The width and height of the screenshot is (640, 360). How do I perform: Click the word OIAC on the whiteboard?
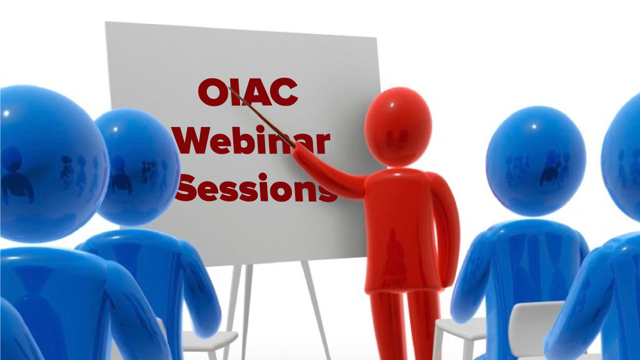(248, 92)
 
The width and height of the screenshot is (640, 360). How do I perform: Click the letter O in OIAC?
(211, 92)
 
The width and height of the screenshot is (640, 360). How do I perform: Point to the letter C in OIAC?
(284, 92)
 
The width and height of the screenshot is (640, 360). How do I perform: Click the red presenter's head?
(398, 127)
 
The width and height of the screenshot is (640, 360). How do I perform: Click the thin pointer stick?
(261, 117)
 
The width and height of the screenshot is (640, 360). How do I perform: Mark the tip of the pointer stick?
(229, 87)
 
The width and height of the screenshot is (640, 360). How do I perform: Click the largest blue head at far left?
(51, 163)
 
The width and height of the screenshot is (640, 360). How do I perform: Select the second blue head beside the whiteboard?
(137, 167)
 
